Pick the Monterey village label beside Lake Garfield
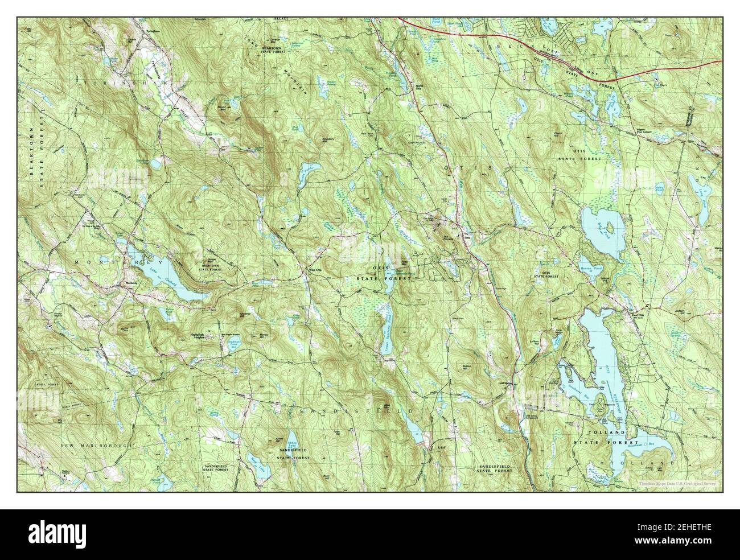click(x=132, y=283)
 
